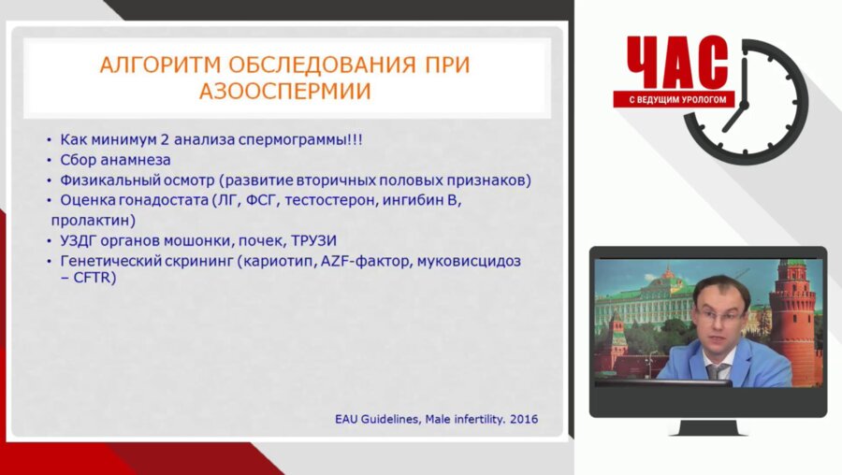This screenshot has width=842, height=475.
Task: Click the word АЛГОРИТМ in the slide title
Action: (x=153, y=65)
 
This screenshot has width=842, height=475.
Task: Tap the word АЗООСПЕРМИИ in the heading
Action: (x=284, y=91)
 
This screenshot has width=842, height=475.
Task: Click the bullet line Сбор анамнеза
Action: (x=115, y=160)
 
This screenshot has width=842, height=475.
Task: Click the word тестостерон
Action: (x=334, y=200)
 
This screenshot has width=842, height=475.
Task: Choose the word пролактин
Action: (x=92, y=221)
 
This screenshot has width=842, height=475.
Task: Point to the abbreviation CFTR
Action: (x=95, y=279)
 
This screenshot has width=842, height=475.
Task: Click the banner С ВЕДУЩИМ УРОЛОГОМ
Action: (x=675, y=99)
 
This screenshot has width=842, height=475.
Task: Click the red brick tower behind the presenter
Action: (x=792, y=318)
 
